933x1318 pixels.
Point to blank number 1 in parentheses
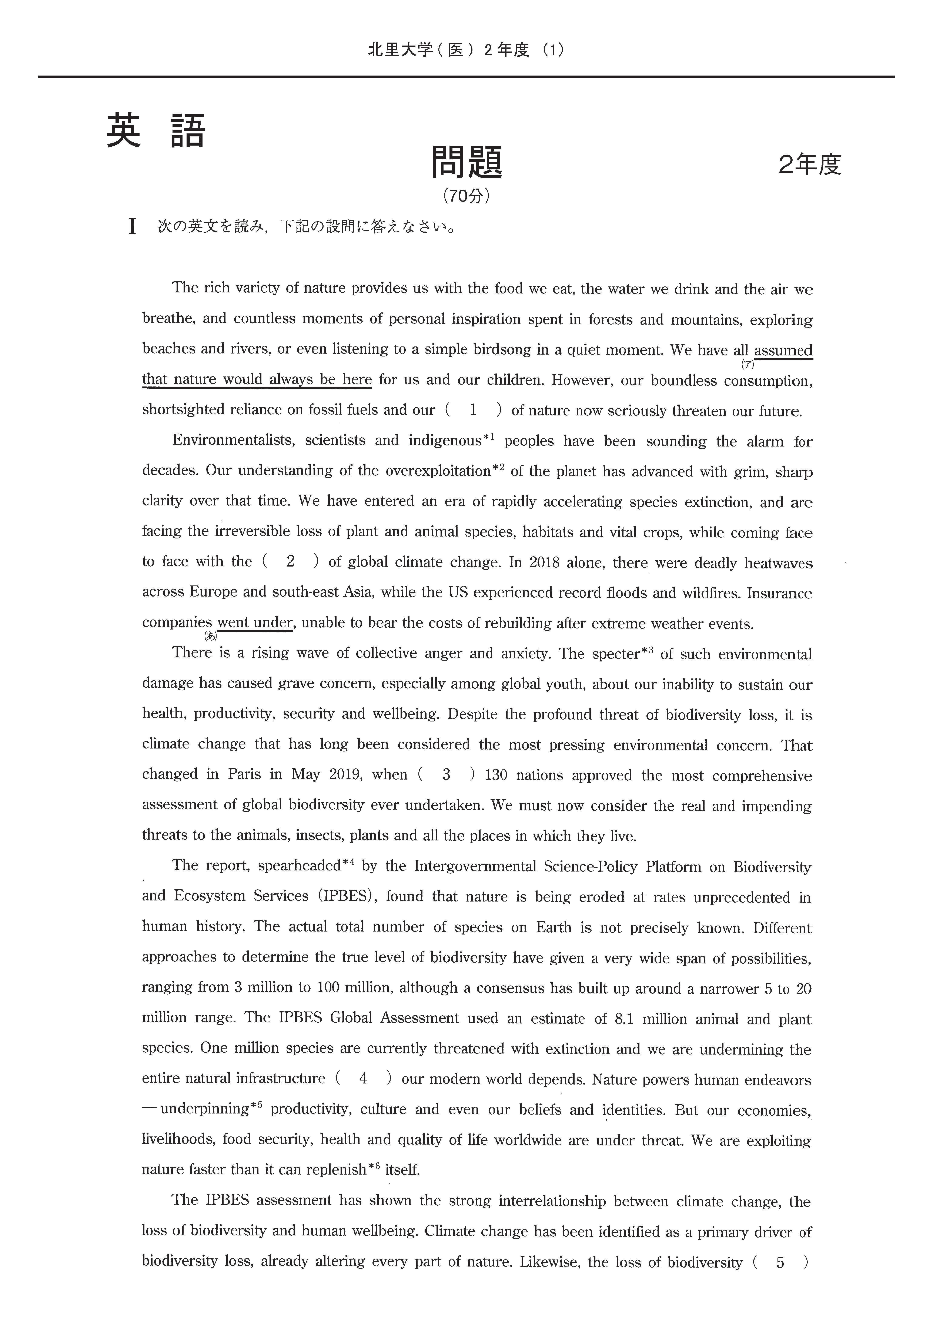[473, 410]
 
